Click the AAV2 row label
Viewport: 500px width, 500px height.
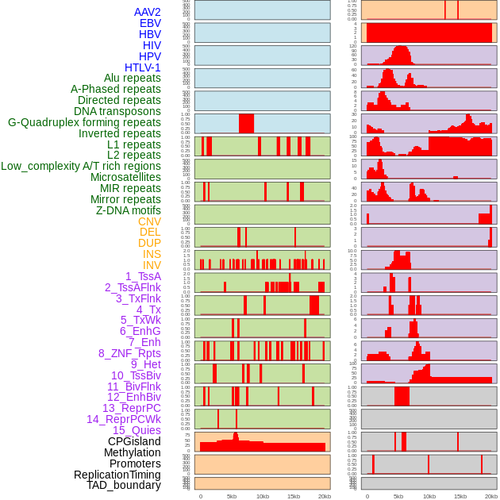tap(147, 12)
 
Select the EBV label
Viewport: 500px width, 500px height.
tap(150, 23)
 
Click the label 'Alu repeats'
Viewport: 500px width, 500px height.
tap(132, 78)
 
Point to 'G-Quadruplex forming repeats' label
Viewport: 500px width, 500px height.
tap(84, 122)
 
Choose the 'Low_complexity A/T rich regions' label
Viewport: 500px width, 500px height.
tap(81, 166)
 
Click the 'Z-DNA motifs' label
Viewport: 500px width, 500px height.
tap(129, 210)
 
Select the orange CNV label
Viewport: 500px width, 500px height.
tap(149, 221)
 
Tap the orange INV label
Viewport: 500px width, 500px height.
tap(152, 265)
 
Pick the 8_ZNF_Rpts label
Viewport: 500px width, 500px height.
tap(129, 353)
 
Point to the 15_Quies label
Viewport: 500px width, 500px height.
tap(137, 430)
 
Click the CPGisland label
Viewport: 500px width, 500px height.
tap(134, 441)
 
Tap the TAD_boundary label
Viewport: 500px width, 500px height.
tap(124, 485)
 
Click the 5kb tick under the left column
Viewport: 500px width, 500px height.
tap(232, 497)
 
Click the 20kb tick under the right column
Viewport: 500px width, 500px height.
tap(491, 497)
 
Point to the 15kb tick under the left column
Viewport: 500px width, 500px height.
tap(293, 497)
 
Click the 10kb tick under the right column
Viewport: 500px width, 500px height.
tap(429, 497)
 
